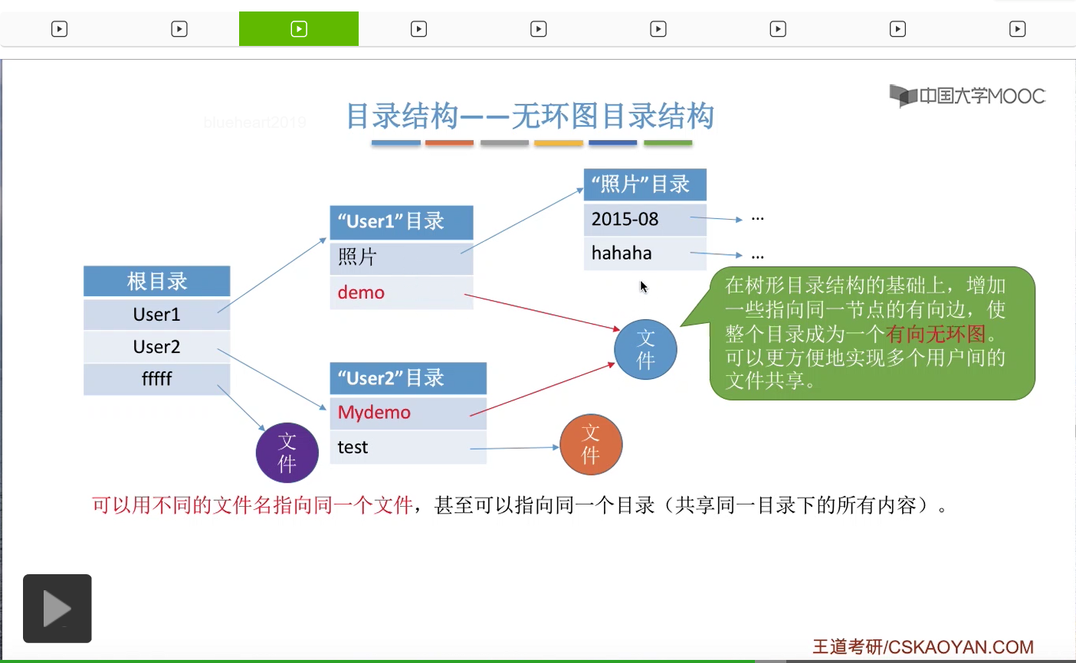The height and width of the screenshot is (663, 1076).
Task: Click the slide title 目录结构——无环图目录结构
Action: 530,116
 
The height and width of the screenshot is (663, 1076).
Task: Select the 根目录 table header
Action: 156,281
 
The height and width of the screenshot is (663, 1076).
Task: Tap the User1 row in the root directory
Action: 156,314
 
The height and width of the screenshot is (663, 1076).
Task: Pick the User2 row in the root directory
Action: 156,347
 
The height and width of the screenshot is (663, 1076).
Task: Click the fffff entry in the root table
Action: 156,379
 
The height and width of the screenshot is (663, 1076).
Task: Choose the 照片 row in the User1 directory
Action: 401,257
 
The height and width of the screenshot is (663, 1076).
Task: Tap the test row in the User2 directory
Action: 407,447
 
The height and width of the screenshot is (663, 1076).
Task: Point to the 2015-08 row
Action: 644,219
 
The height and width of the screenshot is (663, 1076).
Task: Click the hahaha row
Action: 644,253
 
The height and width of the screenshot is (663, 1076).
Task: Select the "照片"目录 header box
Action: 644,185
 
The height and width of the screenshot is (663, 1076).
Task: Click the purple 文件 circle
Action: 287,452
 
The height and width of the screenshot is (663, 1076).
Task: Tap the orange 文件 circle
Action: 591,444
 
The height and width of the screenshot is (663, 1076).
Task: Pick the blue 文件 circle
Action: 645,349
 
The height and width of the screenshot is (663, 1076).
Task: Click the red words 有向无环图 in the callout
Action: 935,334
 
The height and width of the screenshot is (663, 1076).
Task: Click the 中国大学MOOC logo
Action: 967,96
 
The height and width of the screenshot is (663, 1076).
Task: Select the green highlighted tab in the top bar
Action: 299,29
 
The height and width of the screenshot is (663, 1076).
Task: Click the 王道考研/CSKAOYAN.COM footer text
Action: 923,647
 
